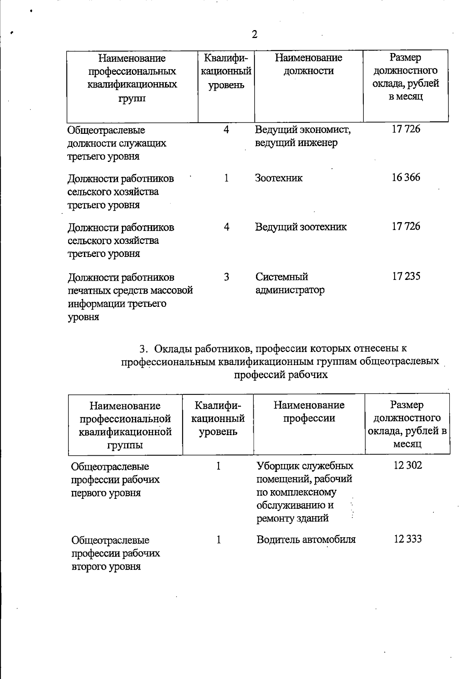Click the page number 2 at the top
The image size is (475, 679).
255,34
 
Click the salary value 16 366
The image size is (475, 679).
406,177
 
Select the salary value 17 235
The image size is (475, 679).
406,276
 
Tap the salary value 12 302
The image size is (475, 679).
408,465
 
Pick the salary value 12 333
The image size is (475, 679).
408,539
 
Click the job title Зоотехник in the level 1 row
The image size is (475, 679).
279,178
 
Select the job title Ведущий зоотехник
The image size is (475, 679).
301,227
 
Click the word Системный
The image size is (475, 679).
281,277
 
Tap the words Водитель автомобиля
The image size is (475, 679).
306,540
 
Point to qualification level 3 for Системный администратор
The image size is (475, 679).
226,277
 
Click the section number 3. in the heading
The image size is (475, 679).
143,349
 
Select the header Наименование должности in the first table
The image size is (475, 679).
309,65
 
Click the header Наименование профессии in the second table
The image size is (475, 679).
309,411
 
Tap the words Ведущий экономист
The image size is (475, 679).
303,130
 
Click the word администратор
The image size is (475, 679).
290,290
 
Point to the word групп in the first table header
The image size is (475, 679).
132,98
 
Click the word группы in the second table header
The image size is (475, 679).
125,445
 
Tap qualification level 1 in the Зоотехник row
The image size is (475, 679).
226,178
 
